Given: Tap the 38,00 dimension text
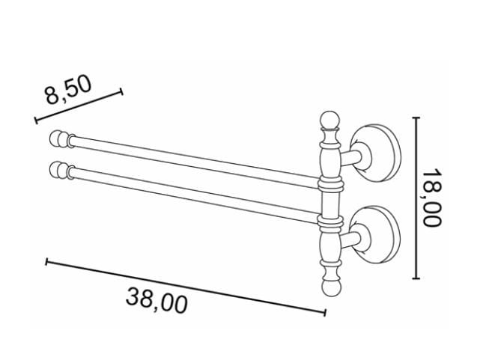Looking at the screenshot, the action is pyautogui.click(x=157, y=301).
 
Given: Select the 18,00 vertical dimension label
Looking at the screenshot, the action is pyautogui.click(x=432, y=198).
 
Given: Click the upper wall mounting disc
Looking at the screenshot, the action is pyautogui.click(x=376, y=153).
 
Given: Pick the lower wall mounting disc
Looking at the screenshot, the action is pyautogui.click(x=376, y=234).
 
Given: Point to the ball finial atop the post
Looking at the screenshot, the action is pyautogui.click(x=330, y=120).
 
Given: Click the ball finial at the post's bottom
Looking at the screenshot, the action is pyautogui.click(x=332, y=288).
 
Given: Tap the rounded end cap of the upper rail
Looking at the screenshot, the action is pyautogui.click(x=59, y=138).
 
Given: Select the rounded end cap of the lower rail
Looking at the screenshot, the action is pyautogui.click(x=59, y=170).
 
